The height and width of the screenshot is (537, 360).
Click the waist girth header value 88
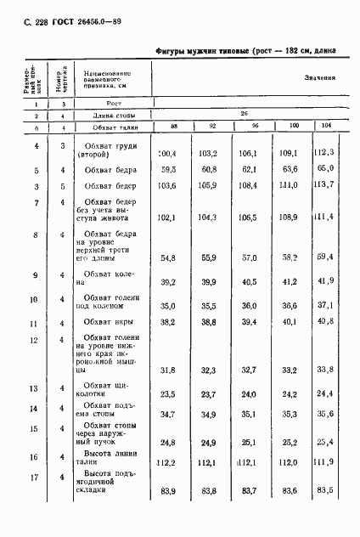coord(173,127)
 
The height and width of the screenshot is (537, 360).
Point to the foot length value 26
coord(244,112)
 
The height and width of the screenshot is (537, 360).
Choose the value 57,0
coord(248,257)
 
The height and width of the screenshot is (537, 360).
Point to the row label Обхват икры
coord(107,322)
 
